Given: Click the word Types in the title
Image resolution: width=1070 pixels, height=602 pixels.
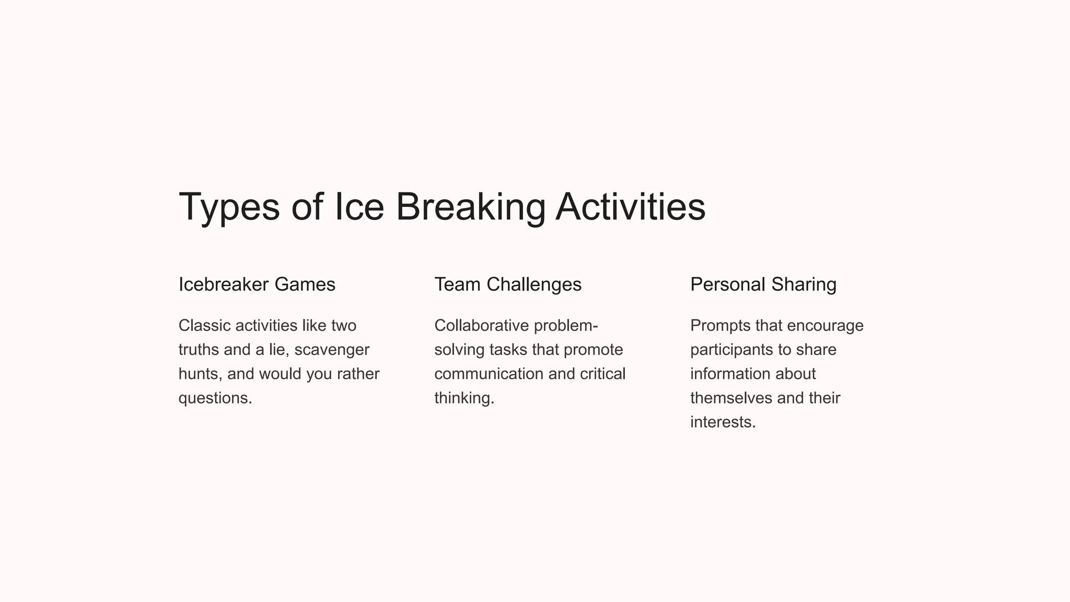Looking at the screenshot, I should [x=229, y=207].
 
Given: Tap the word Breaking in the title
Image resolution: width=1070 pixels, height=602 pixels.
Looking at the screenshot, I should [x=470, y=207].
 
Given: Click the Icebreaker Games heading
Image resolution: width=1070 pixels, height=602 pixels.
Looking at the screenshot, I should [x=257, y=285].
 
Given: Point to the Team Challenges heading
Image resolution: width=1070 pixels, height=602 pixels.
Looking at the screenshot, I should [x=507, y=285].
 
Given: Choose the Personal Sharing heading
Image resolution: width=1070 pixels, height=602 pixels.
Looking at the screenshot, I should [x=763, y=285].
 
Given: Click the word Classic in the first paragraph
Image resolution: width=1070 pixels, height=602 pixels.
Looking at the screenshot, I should [x=204, y=326].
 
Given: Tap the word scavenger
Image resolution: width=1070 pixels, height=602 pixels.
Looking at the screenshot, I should [x=332, y=350].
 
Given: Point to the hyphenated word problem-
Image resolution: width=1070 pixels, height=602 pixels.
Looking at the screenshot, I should [x=566, y=326].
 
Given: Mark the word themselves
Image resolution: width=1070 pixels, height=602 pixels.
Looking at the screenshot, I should [x=731, y=398].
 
